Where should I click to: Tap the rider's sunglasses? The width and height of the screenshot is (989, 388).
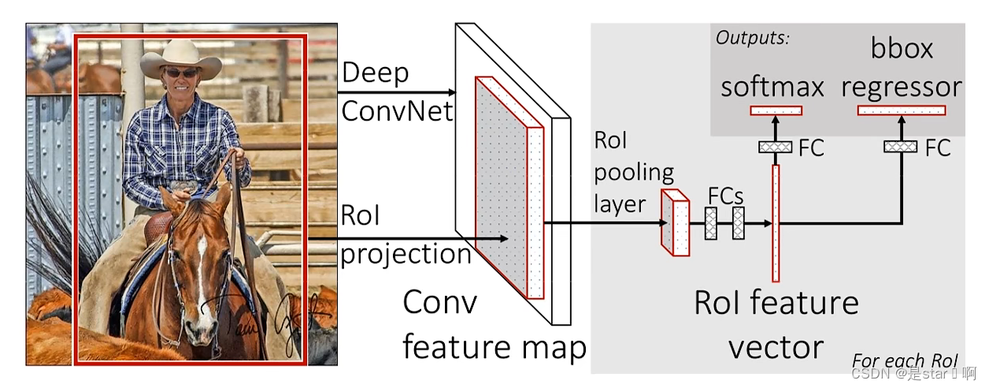(181, 73)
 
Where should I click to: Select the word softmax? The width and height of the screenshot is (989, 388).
(772, 87)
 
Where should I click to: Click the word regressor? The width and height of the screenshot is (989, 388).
(902, 87)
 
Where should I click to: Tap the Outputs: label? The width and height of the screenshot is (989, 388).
(752, 37)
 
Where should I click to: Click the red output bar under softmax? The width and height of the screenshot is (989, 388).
(776, 110)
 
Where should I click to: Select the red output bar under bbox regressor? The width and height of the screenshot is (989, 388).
(901, 110)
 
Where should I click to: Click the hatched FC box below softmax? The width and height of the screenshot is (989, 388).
(775, 147)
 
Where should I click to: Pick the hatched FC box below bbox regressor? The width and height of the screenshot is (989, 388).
(900, 147)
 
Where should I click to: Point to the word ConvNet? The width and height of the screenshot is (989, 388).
(398, 110)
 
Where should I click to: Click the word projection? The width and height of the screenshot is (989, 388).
(406, 255)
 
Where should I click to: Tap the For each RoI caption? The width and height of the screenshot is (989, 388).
(904, 361)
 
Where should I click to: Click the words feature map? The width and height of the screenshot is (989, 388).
(494, 347)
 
